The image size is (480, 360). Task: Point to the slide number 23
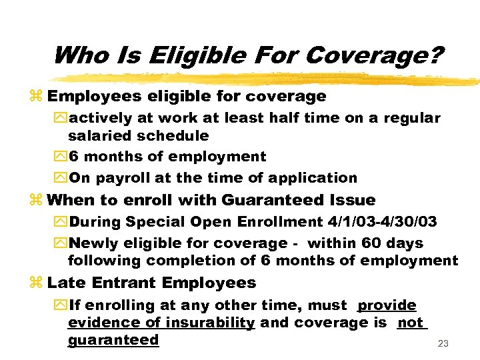[443, 344]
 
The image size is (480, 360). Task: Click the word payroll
[122, 178]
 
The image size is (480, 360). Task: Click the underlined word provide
[387, 305]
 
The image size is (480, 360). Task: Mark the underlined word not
[411, 323]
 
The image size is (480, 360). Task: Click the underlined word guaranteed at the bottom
[113, 340]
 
